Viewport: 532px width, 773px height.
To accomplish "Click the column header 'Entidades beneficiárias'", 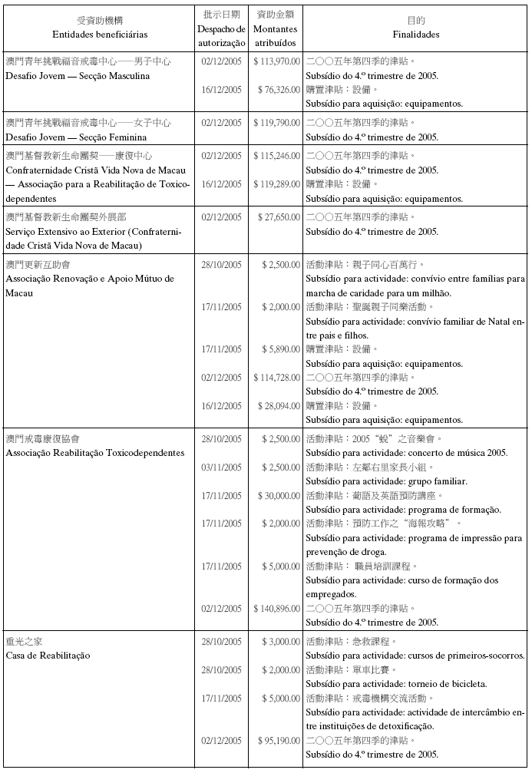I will tap(100, 35).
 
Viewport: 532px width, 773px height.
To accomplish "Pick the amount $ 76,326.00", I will tap(278, 90).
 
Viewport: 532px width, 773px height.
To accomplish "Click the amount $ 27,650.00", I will tap(278, 217).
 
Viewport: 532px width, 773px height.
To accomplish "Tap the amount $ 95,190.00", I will tap(278, 741).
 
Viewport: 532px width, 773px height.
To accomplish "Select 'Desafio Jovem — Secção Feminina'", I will tap(77, 137).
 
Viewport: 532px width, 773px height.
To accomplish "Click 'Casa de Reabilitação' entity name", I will tap(48, 656).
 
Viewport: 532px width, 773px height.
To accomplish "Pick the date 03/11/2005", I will tap(221, 467).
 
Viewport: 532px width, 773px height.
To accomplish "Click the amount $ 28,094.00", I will tap(278, 405).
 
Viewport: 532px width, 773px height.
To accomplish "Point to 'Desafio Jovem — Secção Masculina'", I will tap(78, 76).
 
